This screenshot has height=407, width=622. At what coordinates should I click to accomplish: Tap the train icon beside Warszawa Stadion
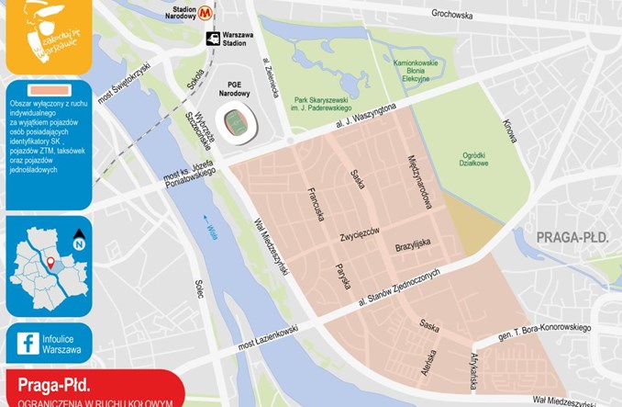(x=213, y=39)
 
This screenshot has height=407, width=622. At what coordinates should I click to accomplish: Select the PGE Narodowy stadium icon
(x=236, y=120)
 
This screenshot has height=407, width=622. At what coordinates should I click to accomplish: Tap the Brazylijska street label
(x=412, y=245)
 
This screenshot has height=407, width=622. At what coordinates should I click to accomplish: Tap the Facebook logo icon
(x=28, y=344)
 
